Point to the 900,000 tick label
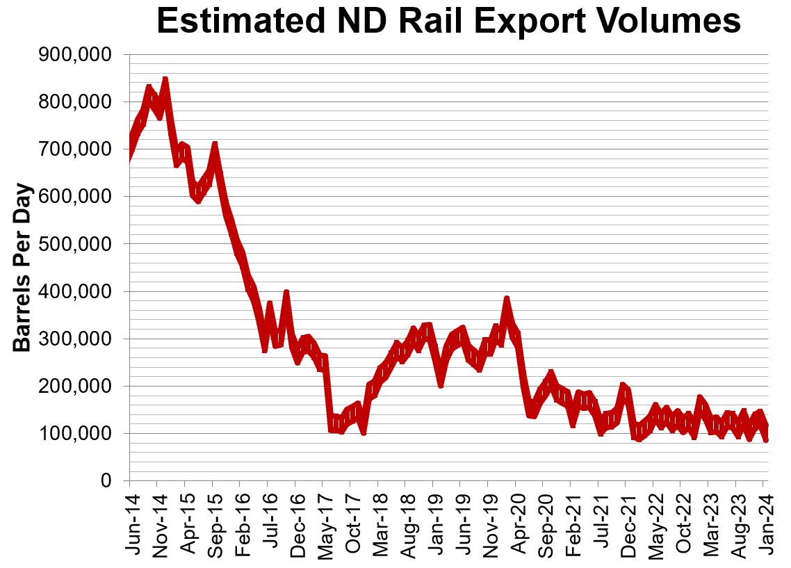pyautogui.click(x=77, y=55)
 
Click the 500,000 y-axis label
pyautogui.click(x=77, y=245)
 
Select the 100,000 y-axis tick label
pyautogui.click(x=77, y=434)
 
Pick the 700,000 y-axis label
pyautogui.click(x=77, y=149)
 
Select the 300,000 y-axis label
pyautogui.click(x=77, y=339)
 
